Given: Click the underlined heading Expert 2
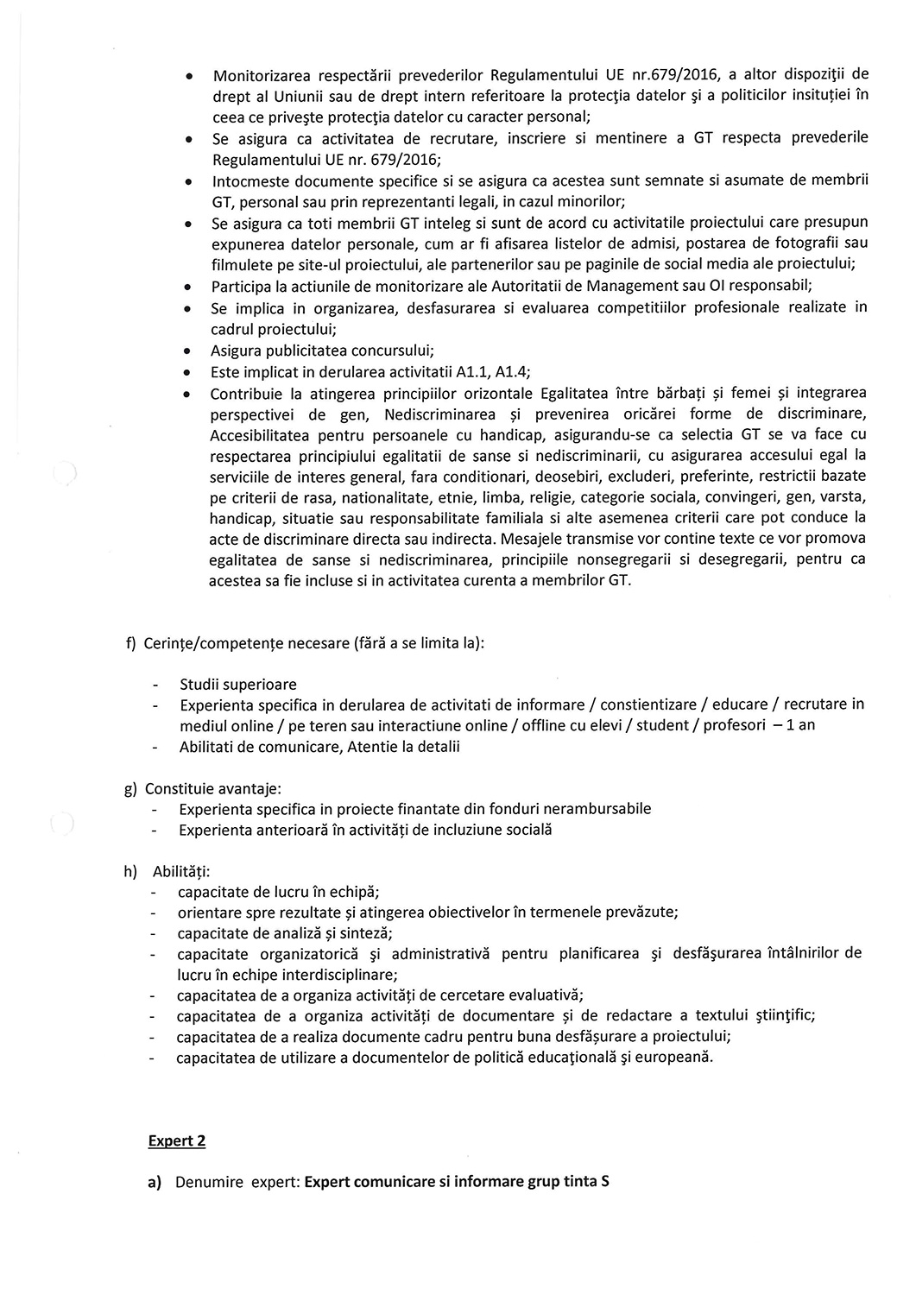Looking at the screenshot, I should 177,1140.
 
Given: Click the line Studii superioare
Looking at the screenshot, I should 237,684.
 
